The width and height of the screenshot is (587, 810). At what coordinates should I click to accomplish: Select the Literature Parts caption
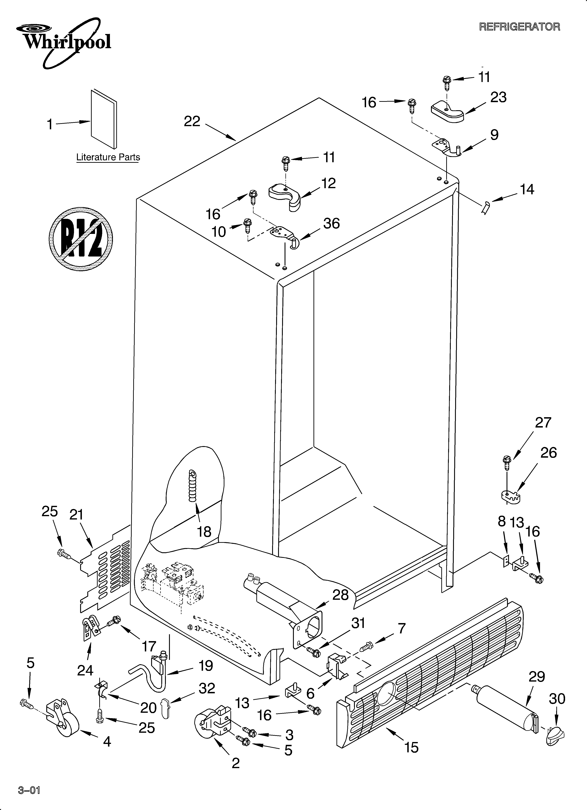click(x=108, y=157)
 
